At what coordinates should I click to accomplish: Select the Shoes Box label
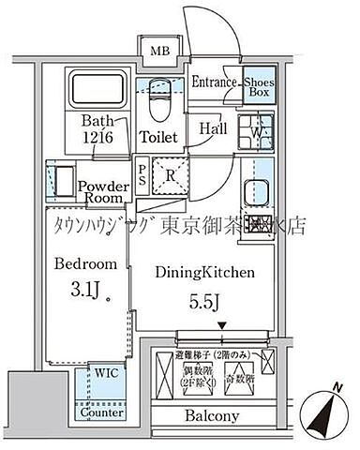coord(260,87)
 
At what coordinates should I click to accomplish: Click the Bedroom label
coord(84,263)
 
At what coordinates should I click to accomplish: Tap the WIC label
coord(106,371)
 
